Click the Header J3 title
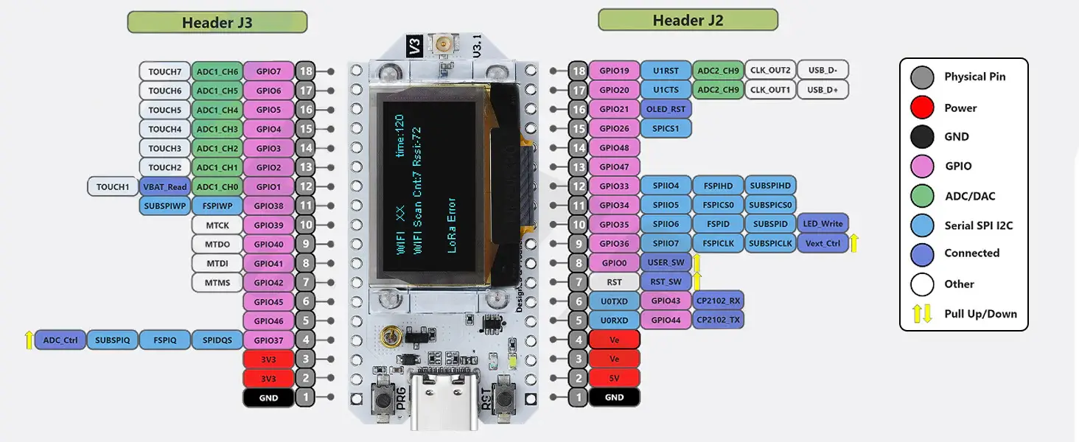(217, 22)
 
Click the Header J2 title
(687, 20)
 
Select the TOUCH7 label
(164, 71)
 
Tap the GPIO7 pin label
(268, 71)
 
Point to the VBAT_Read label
(164, 187)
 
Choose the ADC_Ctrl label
(60, 340)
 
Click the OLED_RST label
(666, 109)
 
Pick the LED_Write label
(823, 224)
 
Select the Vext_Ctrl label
(823, 243)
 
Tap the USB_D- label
(823, 71)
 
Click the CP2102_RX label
(719, 301)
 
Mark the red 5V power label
(614, 379)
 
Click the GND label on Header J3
(268, 398)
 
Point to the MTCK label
(217, 225)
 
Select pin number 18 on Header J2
(579, 71)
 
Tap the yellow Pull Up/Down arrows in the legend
(922, 314)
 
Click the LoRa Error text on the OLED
(452, 225)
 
